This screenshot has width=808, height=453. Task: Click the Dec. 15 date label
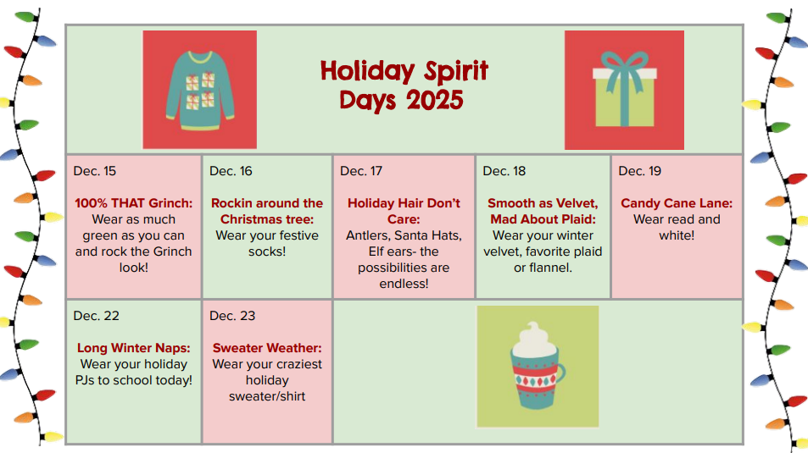click(95, 171)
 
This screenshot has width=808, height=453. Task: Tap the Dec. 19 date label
click(639, 171)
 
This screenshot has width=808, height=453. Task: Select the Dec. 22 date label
click(97, 316)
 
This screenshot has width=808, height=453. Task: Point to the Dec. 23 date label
click(232, 316)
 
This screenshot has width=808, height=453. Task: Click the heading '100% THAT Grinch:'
click(133, 203)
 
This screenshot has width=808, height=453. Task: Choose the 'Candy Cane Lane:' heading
click(677, 203)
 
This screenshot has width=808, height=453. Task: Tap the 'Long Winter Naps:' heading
click(133, 348)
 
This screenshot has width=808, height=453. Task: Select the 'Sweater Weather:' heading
click(267, 348)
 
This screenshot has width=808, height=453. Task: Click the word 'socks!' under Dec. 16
click(267, 251)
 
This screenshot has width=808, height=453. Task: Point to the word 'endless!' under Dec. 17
click(404, 284)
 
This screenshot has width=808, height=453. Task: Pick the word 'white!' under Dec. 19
click(677, 235)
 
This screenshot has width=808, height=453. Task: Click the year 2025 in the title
click(435, 100)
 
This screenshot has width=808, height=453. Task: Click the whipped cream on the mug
click(533, 340)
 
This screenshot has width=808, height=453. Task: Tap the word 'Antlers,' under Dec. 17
click(367, 235)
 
